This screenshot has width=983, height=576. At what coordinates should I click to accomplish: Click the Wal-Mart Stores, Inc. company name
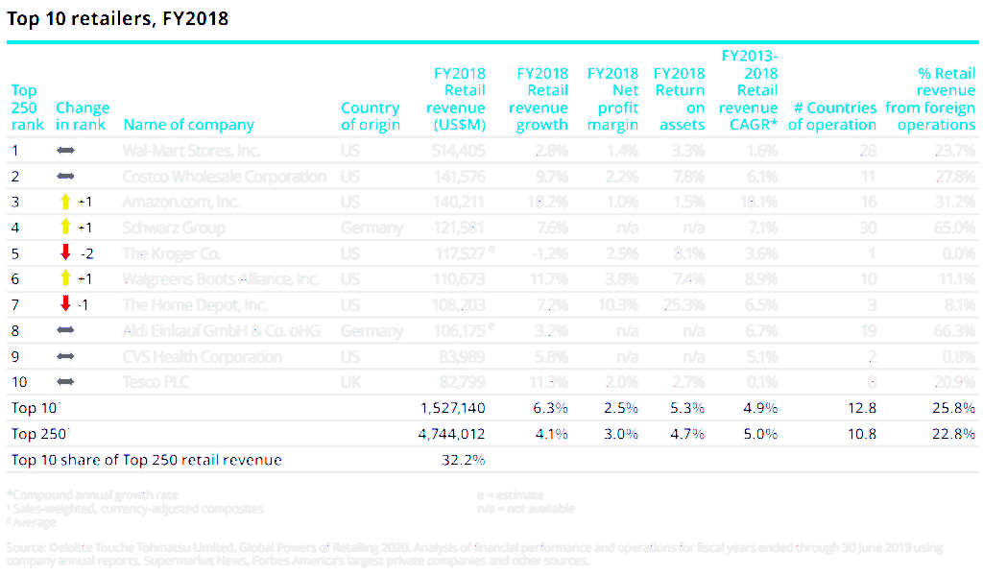(191, 151)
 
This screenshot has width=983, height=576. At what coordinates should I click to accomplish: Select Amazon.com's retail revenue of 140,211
(458, 202)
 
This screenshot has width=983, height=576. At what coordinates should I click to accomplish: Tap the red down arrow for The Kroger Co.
(65, 252)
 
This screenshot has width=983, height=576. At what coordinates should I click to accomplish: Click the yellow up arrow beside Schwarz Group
(65, 228)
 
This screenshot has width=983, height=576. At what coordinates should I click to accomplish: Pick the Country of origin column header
(370, 116)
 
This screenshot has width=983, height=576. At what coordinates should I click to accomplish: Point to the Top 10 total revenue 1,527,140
(452, 408)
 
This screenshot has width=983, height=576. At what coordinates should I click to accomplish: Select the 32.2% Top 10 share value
(462, 460)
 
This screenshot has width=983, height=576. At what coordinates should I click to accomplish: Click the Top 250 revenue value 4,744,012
(452, 434)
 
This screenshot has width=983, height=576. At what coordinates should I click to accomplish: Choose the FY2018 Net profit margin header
(612, 99)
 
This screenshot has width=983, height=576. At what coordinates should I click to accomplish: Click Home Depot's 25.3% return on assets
(683, 304)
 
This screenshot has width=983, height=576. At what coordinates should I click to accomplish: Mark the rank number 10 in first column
(19, 382)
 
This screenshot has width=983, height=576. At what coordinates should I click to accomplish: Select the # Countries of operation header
(831, 116)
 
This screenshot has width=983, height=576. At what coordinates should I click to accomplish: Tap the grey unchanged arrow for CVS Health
(65, 356)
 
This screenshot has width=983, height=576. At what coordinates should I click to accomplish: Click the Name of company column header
(188, 125)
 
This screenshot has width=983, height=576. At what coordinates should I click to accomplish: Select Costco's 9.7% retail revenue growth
(549, 177)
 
